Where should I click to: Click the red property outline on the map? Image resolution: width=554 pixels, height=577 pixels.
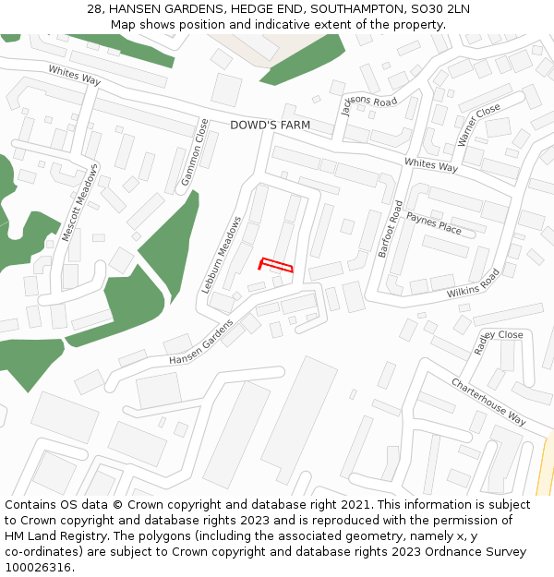click(x=276, y=265)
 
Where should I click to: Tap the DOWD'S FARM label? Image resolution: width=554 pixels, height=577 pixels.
click(x=270, y=125)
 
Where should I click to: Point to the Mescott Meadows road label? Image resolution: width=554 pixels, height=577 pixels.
click(x=79, y=202)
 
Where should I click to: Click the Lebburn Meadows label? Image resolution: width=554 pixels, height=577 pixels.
click(x=222, y=255)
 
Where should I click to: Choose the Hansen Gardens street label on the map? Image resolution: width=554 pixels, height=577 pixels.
click(x=201, y=342)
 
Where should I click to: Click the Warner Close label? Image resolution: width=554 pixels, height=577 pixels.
click(x=479, y=125)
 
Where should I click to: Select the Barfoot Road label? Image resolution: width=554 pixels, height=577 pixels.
click(x=390, y=228)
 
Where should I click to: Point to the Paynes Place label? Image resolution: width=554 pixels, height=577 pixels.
click(x=434, y=222)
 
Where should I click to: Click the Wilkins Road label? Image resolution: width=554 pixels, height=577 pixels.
click(x=474, y=283)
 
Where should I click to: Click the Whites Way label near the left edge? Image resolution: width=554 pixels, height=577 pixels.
click(x=75, y=76)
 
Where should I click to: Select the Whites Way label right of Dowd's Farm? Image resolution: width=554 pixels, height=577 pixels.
click(x=431, y=165)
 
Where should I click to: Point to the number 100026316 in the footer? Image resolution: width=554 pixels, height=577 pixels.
click(x=38, y=568)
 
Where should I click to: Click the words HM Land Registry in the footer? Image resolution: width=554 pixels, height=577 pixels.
click(x=54, y=536)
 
